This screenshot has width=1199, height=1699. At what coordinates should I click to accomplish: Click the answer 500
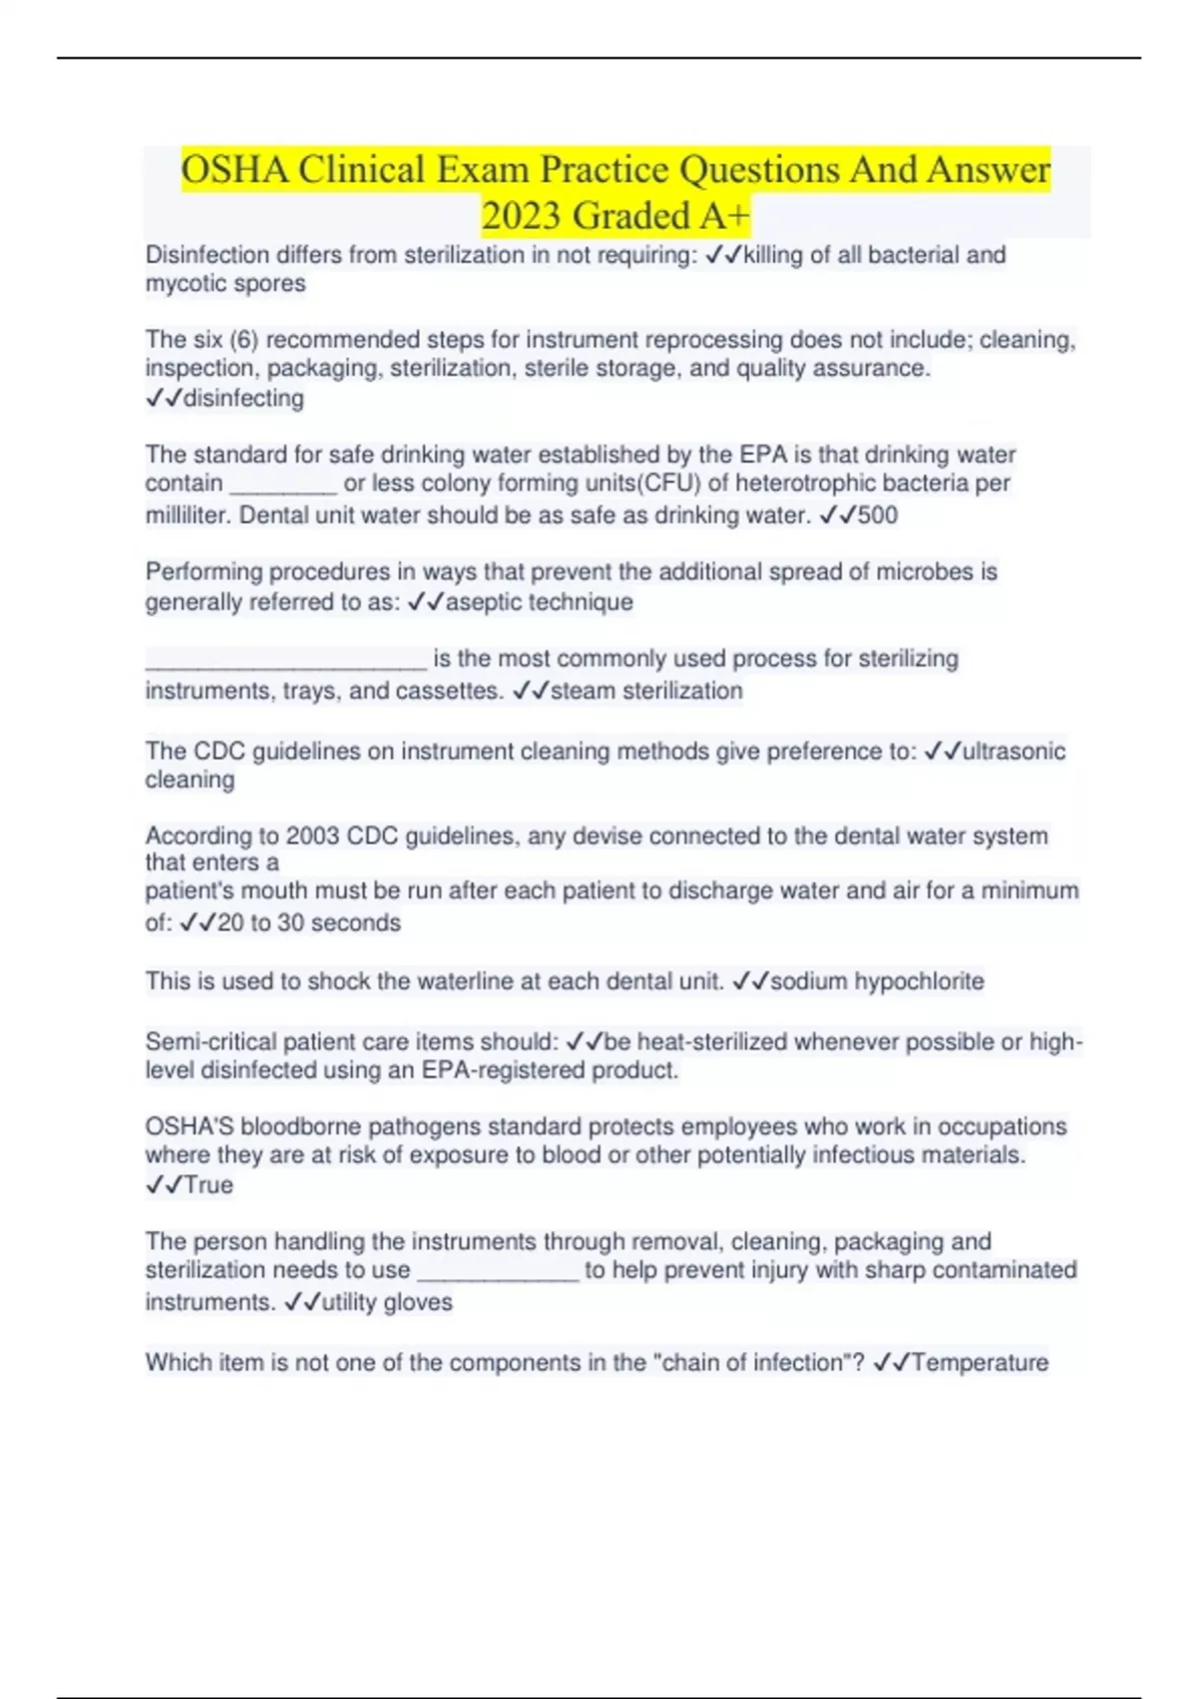coord(877,516)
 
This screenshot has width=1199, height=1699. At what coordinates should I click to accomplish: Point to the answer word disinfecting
coord(244,398)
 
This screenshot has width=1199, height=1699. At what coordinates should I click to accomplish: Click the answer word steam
coord(584,691)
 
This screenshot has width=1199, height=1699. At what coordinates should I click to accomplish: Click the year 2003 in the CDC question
coord(313,836)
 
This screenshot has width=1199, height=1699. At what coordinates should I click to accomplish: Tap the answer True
coord(209,1185)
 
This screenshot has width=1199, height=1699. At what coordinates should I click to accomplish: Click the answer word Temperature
coord(980,1362)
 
